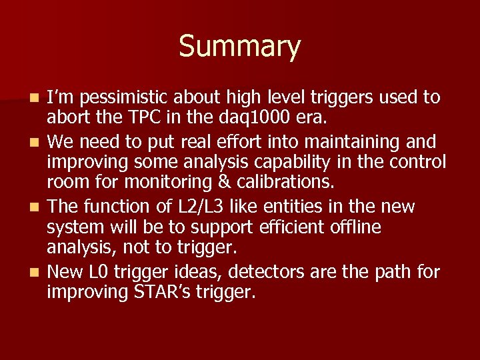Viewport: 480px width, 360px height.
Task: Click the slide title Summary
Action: (x=239, y=47)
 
